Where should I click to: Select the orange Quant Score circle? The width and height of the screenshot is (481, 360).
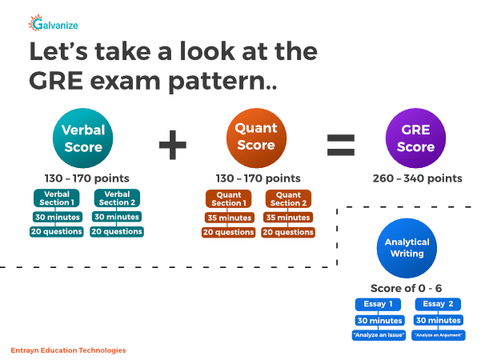point(256,138)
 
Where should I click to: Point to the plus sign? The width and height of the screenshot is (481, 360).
point(171,144)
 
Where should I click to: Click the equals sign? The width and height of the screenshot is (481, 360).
point(339,144)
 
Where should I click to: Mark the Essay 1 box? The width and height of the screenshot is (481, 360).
point(379,305)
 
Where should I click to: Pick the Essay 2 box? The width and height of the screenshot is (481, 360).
point(439,305)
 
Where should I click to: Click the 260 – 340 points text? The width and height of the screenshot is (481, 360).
point(418,178)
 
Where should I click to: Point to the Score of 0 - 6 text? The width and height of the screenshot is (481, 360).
point(407,288)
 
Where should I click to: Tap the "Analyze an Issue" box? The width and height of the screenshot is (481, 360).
point(379,335)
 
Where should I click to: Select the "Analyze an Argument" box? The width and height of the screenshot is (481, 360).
point(439,335)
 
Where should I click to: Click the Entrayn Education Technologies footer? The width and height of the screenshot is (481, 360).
point(69,350)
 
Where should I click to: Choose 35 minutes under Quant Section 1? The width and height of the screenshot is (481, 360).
point(227,218)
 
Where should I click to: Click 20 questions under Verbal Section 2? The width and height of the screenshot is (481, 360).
point(117,232)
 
